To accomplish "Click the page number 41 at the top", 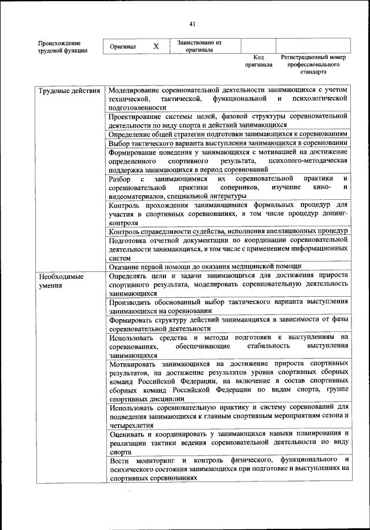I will pyautogui.click(x=193, y=23).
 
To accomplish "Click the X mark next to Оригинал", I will pyautogui.click(x=156, y=46).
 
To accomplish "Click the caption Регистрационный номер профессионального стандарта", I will pyautogui.click(x=313, y=65).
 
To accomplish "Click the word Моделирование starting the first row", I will pyautogui.click(x=132, y=91).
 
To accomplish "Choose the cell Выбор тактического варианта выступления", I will pyautogui.click(x=228, y=143).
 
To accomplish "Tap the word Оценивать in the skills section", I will pyautogui.click(x=128, y=433).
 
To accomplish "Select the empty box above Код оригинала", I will pyautogui.click(x=258, y=46).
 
